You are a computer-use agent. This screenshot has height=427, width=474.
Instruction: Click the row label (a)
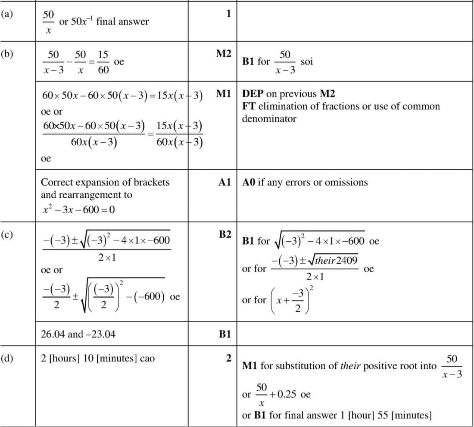click(x=7, y=13)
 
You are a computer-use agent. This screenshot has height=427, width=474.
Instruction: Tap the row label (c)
click(x=7, y=235)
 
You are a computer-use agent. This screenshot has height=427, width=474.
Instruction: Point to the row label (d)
click(x=7, y=358)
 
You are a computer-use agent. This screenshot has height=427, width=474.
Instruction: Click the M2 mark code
click(x=224, y=54)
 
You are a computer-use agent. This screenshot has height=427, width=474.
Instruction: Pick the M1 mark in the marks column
click(x=224, y=94)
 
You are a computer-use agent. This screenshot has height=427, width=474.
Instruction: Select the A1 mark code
click(x=225, y=182)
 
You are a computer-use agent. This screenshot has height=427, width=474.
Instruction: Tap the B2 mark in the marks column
click(x=225, y=235)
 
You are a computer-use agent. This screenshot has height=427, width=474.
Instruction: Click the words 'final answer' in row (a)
click(x=122, y=22)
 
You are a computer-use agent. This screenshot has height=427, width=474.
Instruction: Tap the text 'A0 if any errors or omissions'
click(x=305, y=182)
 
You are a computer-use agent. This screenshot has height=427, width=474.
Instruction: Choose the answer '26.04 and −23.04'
click(x=78, y=334)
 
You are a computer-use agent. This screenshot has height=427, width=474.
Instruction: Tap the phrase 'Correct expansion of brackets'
click(x=105, y=182)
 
